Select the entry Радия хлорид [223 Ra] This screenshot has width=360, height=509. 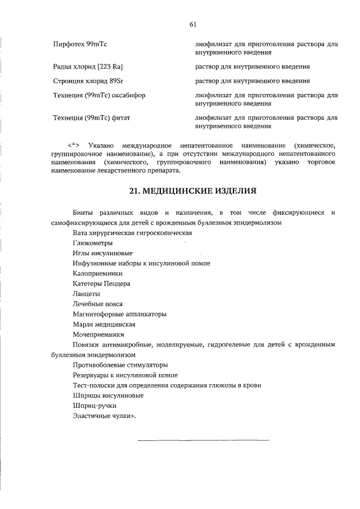[84, 67]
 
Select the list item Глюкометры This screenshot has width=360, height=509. [92, 243]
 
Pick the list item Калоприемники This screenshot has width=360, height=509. [97, 273]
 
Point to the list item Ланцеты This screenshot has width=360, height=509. [86, 294]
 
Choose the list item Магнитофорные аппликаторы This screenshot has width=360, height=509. [119, 314]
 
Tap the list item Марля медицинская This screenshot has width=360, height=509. [103, 324]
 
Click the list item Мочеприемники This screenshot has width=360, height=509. [98, 334]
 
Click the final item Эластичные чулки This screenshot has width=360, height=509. [104, 416]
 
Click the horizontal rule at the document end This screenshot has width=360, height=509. [204, 439]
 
